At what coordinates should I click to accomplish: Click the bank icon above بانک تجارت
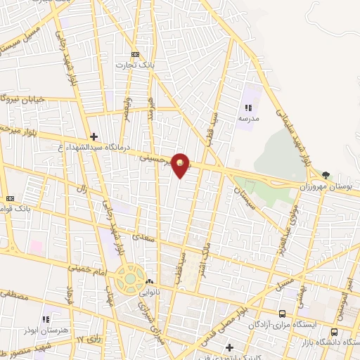[x=135, y=54]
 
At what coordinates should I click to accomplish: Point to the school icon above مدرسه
[x=248, y=107]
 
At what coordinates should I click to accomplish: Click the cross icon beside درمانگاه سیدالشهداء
[x=94, y=136]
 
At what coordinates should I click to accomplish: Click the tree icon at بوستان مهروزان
[x=325, y=175]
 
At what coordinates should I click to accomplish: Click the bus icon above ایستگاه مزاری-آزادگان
[x=282, y=314]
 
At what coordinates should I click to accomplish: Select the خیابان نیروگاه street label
[x=25, y=99]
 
